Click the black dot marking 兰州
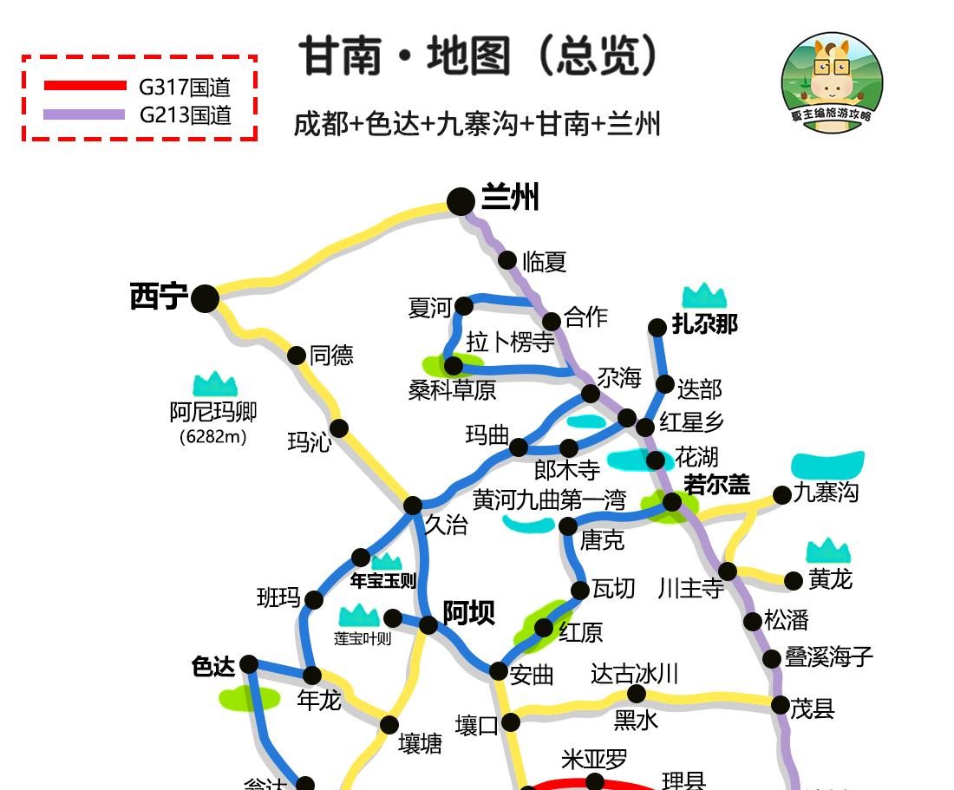[x=461, y=201]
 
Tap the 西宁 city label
[x=159, y=297]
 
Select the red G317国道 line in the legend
[x=84, y=85]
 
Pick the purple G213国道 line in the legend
[x=84, y=114]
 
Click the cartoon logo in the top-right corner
[x=832, y=83]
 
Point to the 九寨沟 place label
[x=826, y=493]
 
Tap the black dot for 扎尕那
[x=657, y=327]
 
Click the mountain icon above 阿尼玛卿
[x=215, y=383]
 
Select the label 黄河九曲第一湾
[x=549, y=500]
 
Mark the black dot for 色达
[x=249, y=664]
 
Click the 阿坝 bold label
[x=469, y=613]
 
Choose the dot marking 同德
[x=297, y=355]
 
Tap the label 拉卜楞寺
[x=510, y=342]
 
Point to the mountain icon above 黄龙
[x=828, y=550]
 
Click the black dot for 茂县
[x=780, y=704]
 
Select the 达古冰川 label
[x=634, y=674]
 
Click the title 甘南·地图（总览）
[x=480, y=57]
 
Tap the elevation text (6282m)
[x=212, y=436]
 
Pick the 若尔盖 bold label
[x=716, y=484]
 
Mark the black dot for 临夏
[x=508, y=259]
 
